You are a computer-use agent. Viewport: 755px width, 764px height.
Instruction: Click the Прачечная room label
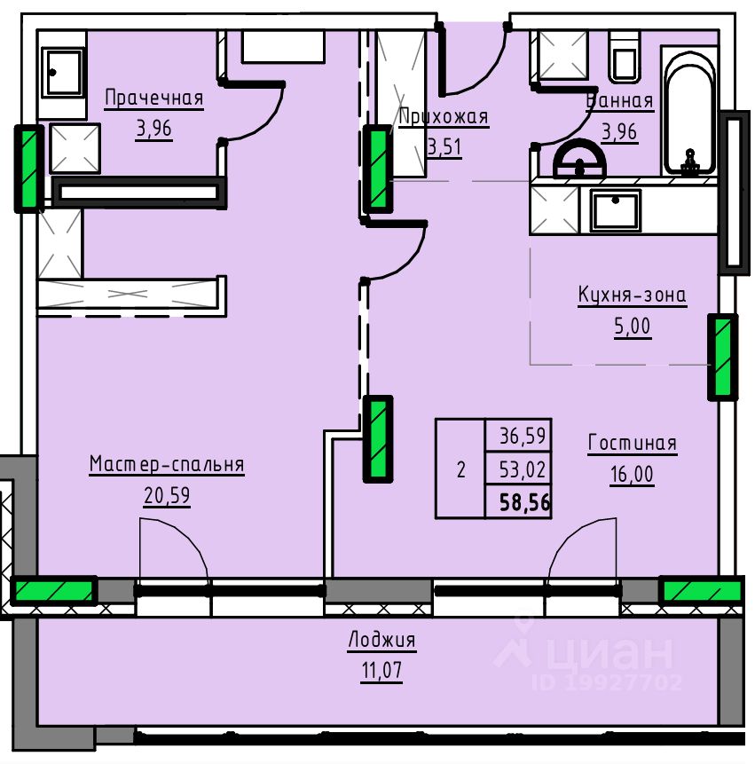point(153,98)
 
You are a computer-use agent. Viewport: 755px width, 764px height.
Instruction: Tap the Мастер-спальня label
point(167,464)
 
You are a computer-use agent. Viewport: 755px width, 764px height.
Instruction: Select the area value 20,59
point(167,495)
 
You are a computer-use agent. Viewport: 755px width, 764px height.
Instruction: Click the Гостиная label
point(633,443)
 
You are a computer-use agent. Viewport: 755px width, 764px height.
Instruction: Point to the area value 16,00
point(633,474)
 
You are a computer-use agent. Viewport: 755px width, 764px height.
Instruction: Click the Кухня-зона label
point(633,295)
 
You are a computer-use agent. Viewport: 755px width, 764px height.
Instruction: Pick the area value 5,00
point(633,327)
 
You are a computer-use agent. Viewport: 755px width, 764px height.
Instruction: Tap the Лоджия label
point(381,639)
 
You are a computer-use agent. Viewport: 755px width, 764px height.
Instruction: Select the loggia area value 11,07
point(381,671)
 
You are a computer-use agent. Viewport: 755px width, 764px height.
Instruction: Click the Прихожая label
point(444,117)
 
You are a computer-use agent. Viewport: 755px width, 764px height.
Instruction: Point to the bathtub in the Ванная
point(689,112)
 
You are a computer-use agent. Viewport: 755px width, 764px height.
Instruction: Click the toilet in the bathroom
point(625,57)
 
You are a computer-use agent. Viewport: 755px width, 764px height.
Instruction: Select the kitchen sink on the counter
point(615,210)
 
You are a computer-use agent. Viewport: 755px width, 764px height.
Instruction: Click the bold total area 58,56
point(524,502)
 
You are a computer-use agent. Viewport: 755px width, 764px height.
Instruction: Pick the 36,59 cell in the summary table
point(523,436)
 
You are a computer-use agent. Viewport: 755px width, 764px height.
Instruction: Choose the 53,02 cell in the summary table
point(523,469)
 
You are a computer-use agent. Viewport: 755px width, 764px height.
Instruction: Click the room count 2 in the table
point(460,469)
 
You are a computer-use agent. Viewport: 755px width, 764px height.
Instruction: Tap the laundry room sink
point(62,72)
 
